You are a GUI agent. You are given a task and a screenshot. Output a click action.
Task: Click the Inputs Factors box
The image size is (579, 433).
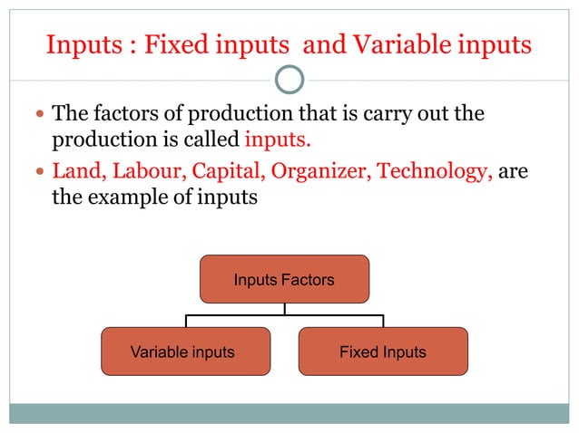[x=284, y=279]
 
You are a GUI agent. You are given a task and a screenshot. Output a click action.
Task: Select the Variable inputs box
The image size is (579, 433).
[x=185, y=351]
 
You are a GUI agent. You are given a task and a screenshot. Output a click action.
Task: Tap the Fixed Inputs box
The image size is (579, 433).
[x=383, y=351]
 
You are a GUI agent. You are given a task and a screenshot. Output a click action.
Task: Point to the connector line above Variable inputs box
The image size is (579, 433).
[x=186, y=320]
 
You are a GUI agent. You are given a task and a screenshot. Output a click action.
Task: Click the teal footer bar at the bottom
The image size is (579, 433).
[x=289, y=413]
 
